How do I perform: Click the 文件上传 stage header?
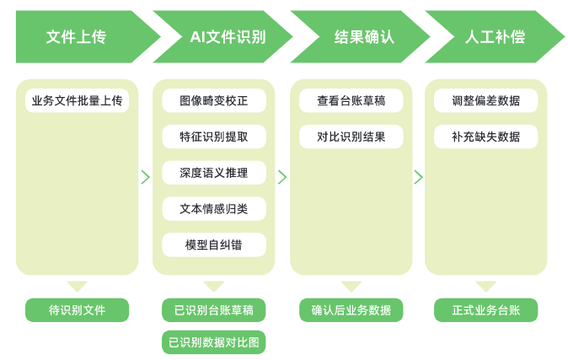[77, 37]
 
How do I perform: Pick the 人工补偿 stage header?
[489, 37]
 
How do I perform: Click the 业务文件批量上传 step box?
[77, 101]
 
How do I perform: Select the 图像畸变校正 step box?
[214, 101]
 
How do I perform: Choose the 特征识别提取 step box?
[214, 137]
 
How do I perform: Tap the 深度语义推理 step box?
[214, 173]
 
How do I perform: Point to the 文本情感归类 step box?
[214, 208]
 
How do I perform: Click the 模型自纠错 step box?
[214, 244]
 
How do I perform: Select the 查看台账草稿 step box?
[351, 101]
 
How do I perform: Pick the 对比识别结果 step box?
[351, 137]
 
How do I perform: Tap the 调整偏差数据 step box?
[486, 101]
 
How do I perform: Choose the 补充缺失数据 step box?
[486, 137]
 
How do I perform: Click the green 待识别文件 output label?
[77, 310]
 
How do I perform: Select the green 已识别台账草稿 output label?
[214, 310]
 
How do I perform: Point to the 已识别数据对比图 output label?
[214, 342]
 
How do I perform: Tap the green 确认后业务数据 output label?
[351, 310]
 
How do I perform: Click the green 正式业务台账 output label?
[486, 310]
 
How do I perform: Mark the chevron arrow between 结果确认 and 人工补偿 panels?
[418, 177]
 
